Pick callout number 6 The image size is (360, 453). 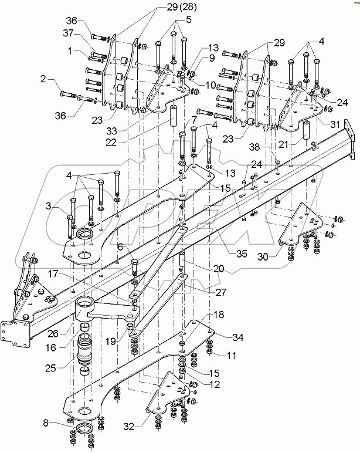[x=119, y=248]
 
